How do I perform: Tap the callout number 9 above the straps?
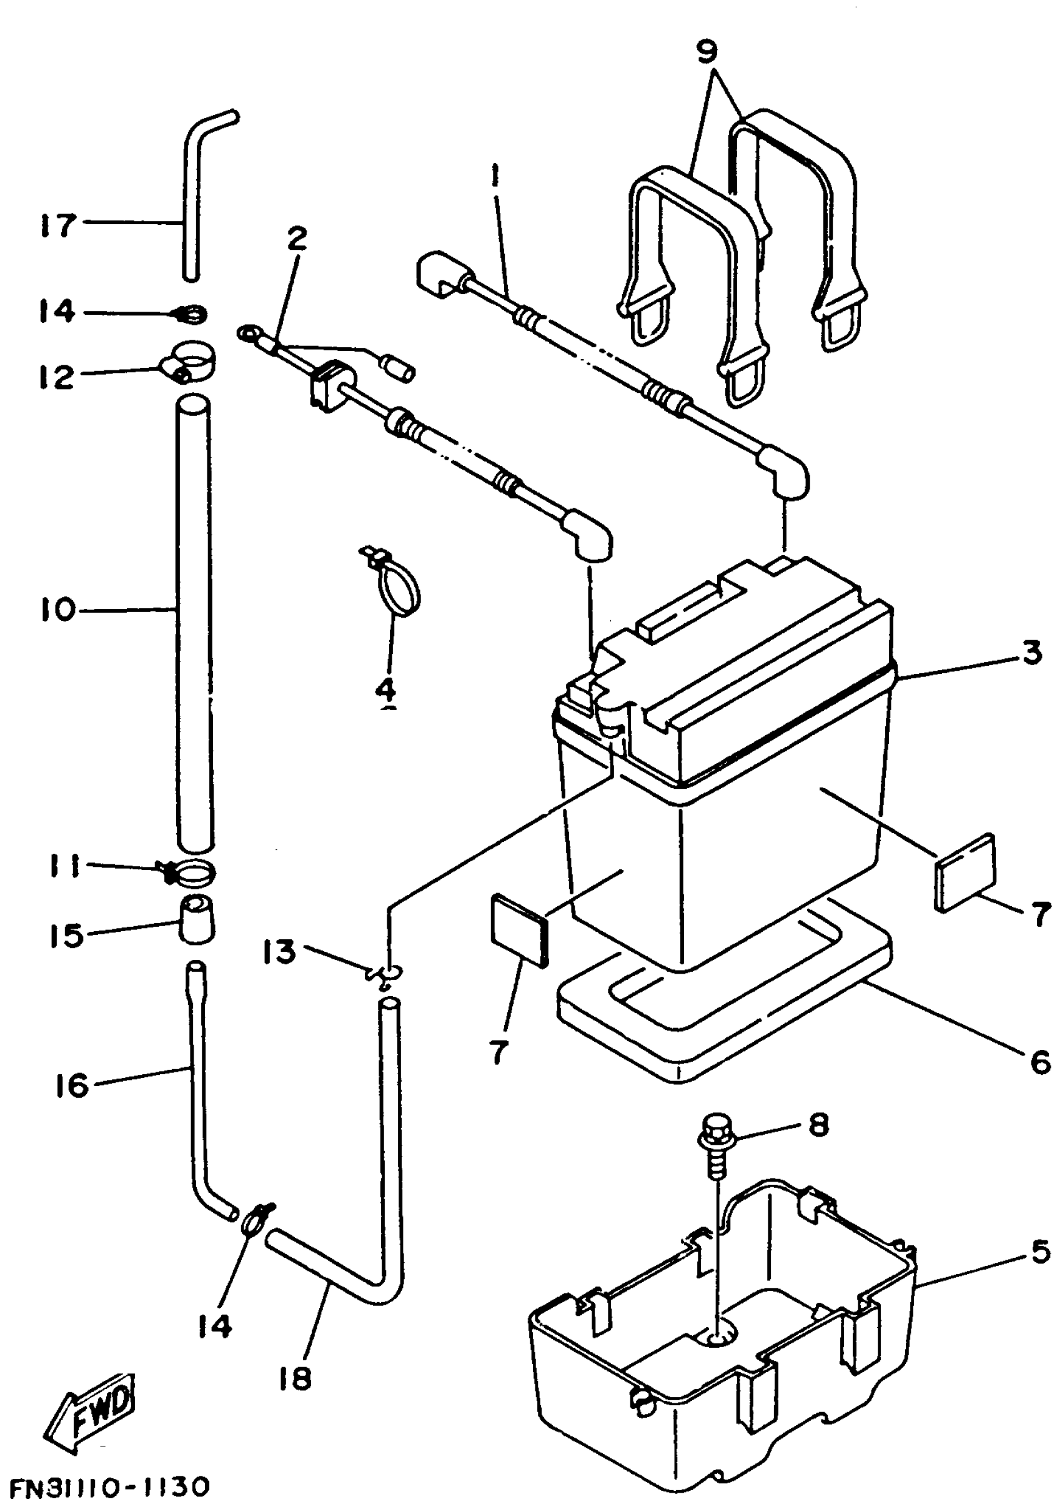[x=707, y=52]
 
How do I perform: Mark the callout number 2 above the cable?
[x=297, y=238]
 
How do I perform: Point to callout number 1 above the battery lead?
[x=495, y=175]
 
